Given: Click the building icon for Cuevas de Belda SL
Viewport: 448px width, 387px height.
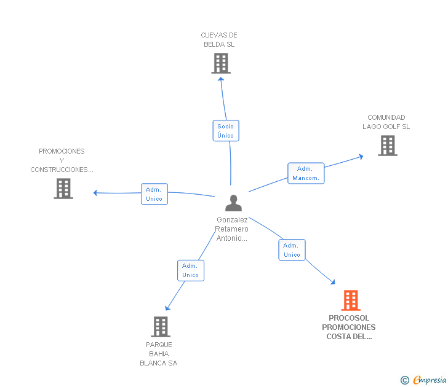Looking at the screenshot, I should pos(221,63).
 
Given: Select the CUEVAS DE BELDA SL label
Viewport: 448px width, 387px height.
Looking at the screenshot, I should pos(219,40).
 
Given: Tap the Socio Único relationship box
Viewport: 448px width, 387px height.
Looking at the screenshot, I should pos(226,130).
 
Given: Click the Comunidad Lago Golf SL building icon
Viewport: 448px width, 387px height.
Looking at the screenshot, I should pos(388,146).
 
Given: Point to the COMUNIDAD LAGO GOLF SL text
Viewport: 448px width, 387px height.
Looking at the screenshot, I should pos(386,122).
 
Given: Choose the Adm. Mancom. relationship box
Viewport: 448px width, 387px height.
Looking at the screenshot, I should pos(306,173).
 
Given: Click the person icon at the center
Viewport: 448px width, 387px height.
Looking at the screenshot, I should pos(233,203).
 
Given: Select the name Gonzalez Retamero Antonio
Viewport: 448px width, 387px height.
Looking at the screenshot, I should pos(232,229).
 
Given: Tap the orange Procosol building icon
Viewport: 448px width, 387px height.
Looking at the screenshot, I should pos(351,300).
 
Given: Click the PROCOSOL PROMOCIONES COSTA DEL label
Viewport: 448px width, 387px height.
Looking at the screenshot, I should pos(349,327).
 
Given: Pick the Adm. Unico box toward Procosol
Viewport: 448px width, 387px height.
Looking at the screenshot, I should pos(292,250).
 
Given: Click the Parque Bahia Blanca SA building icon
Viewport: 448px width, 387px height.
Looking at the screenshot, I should pos(161,327).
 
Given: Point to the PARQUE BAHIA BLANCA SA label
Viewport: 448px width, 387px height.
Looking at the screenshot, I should pos(159,354).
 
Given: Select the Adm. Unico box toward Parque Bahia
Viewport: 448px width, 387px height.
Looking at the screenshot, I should pos(191,270).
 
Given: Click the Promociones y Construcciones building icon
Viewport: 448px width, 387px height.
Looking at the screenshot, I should pos(63,189).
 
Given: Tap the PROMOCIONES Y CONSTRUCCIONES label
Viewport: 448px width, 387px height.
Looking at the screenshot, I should pos(62,160).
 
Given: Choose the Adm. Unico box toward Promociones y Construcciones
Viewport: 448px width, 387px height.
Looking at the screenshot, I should pos(154,194).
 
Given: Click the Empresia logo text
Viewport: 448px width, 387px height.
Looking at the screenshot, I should pos(430,380).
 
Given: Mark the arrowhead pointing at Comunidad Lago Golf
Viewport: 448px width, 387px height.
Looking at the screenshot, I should pos(361,156).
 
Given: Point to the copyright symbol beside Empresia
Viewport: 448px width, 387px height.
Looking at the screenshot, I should pos(404,380).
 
